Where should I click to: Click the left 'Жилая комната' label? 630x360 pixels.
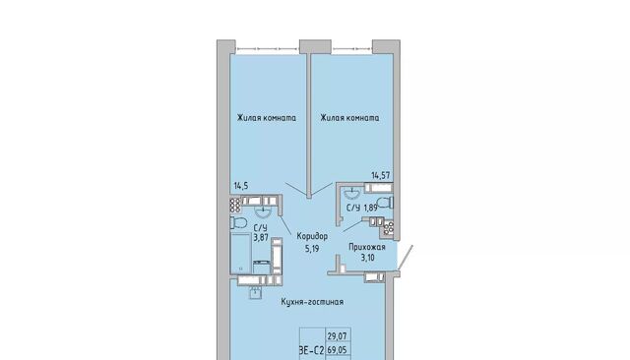(267, 118)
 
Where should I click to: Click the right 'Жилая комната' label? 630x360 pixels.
(349, 118)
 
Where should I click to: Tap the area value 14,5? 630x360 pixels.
(241, 186)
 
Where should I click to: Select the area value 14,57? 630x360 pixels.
(381, 175)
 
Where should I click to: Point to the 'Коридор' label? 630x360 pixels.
(312, 236)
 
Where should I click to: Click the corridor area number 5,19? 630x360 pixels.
(312, 249)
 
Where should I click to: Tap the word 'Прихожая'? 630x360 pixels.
(367, 247)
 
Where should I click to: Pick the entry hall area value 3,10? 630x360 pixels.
(367, 258)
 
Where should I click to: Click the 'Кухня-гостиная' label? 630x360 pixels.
(312, 302)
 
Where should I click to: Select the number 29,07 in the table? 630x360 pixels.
(337, 335)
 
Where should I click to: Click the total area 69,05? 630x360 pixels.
(337, 350)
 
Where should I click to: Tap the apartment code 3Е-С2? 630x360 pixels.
(312, 350)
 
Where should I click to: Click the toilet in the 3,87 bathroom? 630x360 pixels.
(238, 222)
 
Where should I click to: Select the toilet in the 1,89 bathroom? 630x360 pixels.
(385, 202)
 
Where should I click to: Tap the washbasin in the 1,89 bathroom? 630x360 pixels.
(353, 193)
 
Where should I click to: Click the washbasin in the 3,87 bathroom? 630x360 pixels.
(264, 210)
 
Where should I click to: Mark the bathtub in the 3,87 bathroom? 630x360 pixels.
(241, 253)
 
